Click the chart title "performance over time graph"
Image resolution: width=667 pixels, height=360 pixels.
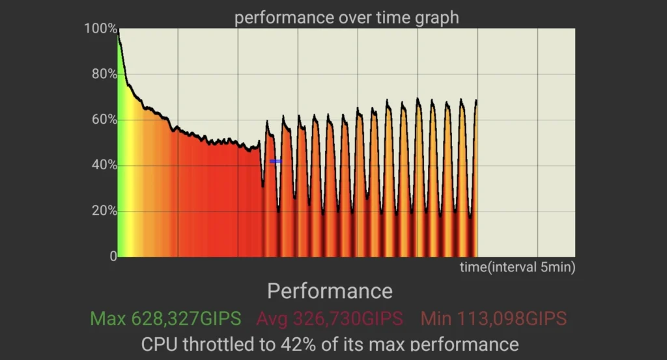(x=347, y=17)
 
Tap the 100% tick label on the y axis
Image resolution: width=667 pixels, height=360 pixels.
(x=100, y=29)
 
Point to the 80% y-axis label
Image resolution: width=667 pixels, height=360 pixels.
(x=103, y=74)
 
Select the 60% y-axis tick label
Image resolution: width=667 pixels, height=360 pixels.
(x=103, y=120)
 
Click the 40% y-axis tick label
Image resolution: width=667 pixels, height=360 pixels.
(x=103, y=165)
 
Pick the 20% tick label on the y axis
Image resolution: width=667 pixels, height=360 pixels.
(x=103, y=211)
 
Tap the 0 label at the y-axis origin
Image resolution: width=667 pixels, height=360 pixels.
(x=113, y=256)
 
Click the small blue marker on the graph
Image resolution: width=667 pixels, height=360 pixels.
(x=276, y=161)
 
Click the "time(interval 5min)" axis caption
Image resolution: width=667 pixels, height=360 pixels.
(x=517, y=267)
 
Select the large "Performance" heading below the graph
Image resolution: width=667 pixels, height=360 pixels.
(x=330, y=291)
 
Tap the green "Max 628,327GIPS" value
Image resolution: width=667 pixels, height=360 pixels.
(x=165, y=319)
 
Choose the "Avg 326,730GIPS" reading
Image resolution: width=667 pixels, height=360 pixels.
(x=330, y=319)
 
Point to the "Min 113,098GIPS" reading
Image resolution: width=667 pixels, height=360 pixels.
(x=493, y=319)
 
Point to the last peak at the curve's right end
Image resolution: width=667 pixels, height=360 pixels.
(x=476, y=102)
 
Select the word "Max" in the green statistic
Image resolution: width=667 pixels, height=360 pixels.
(x=108, y=319)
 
